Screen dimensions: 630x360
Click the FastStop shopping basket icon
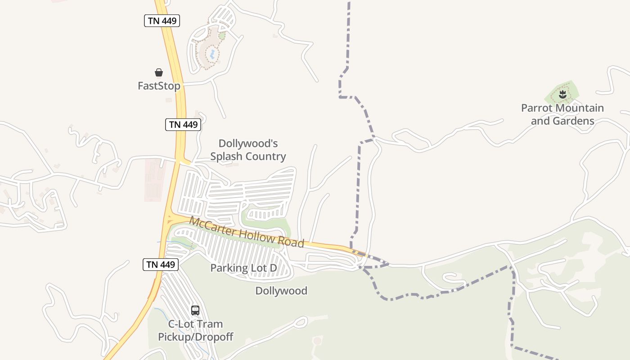point(159,72)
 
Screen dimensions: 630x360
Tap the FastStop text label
point(159,86)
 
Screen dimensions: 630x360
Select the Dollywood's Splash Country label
point(248,150)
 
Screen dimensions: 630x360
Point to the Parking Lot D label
point(243,268)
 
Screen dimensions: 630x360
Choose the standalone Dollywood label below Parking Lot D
point(281,291)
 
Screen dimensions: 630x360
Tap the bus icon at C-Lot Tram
point(195,310)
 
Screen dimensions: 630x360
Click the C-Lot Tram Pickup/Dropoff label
point(195,330)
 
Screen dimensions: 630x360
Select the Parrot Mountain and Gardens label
point(562,114)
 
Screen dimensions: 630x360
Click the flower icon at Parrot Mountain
point(562,94)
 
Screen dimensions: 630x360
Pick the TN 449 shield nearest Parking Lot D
point(161,265)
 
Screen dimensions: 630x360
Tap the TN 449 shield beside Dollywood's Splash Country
point(183,125)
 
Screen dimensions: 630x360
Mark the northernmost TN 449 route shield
point(162,20)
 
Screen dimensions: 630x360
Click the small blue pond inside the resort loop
point(211,54)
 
